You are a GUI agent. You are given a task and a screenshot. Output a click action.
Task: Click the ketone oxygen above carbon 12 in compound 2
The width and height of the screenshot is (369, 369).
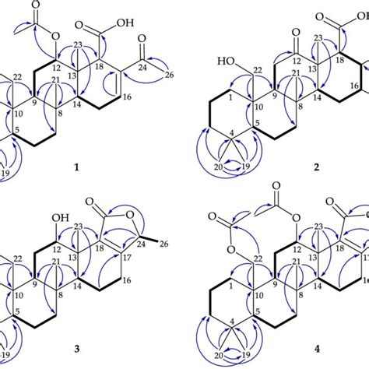coord(279,33)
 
